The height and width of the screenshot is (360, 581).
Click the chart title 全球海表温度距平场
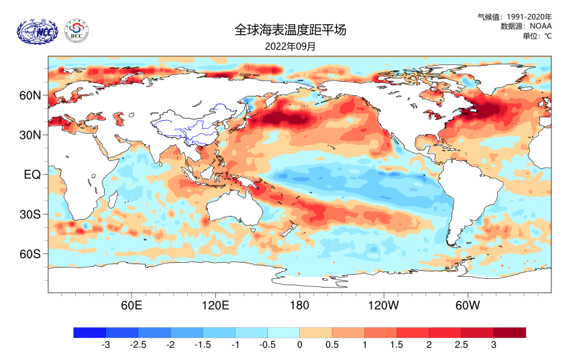coord(290,29)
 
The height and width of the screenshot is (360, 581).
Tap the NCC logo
coord(38,30)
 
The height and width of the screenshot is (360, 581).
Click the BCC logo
coord(77,30)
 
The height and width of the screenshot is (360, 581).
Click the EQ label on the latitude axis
coord(32,174)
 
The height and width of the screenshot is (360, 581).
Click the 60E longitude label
coord(131,306)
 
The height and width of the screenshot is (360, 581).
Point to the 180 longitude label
coord(299,306)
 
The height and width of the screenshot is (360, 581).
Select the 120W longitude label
coord(383,306)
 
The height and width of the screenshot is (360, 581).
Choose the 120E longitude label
coord(215,306)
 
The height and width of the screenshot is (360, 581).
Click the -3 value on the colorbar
coord(105,345)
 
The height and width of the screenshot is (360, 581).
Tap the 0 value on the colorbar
coord(299,345)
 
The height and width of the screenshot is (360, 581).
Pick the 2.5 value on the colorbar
coord(461,345)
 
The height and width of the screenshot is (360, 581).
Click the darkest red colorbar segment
coord(509,333)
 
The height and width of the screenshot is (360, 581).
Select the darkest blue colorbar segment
coord(90,333)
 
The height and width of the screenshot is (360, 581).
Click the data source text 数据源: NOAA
coord(526,25)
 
